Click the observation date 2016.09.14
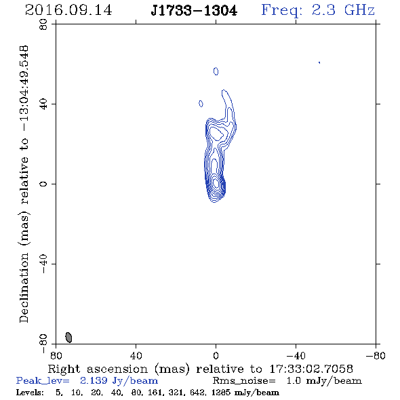[68, 10]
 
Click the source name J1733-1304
[194, 11]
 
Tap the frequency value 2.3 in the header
[323, 10]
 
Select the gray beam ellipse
[68, 337]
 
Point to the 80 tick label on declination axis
[43, 24]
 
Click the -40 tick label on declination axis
[43, 264]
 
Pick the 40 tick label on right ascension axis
[136, 355]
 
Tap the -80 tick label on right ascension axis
[375, 355]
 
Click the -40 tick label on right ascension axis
[296, 355]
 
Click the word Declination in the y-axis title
[24, 287]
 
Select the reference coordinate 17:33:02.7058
[311, 369]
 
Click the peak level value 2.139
[94, 380]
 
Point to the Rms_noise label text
[244, 381]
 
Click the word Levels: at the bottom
[30, 393]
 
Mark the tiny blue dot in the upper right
[319, 62]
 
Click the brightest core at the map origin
[216, 183]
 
